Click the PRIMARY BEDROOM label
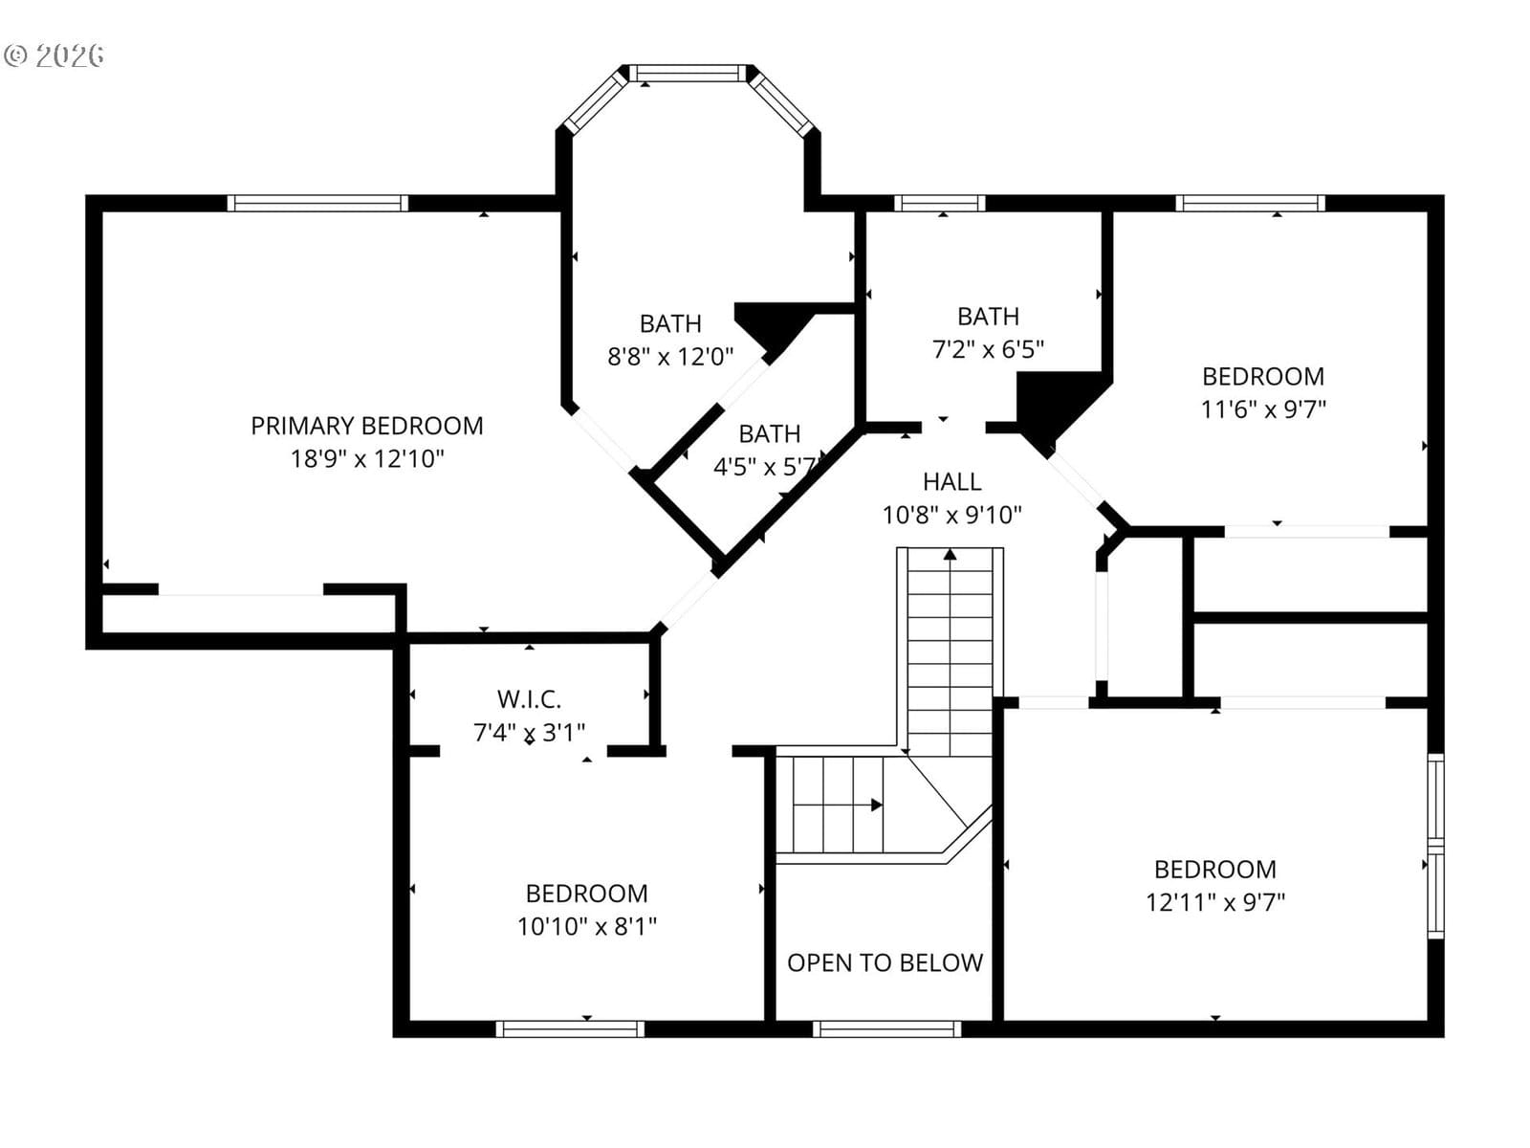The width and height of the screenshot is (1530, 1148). coord(366,426)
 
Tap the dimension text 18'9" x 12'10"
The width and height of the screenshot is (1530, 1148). coord(367,459)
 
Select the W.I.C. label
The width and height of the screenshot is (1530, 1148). coord(529,699)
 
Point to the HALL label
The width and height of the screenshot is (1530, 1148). coord(952,481)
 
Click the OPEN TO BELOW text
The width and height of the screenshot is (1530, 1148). coord(885,962)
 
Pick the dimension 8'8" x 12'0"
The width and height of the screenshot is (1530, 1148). coord(670,357)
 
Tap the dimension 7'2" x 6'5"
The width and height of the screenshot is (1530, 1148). coord(989,349)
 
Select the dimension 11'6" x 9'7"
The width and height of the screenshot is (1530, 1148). coord(1263,409)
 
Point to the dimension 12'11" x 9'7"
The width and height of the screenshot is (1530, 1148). coord(1215,903)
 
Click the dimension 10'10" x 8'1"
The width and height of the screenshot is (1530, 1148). coord(587,926)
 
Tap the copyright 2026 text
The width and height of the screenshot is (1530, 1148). coord(54,55)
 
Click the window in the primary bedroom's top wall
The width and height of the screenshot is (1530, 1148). coord(317,203)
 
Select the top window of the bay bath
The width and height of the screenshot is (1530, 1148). coord(688,74)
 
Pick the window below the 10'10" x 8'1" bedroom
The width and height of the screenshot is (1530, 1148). coord(570,1028)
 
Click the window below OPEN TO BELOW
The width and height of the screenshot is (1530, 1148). coord(886,1028)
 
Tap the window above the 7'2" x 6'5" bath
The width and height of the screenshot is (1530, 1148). coord(940,203)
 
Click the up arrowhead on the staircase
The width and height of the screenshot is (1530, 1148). coord(951,555)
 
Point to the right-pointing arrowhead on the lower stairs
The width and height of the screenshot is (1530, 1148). coord(877,806)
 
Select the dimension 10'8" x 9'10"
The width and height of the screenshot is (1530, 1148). coord(952,515)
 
